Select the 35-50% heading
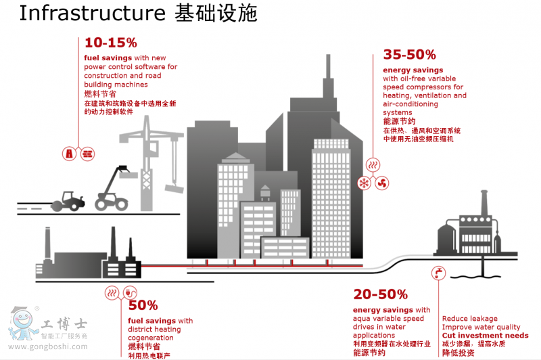[x=409, y=54]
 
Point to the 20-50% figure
[x=380, y=294]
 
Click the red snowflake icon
[x=364, y=183]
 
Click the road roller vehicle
[x=68, y=200]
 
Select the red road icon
[x=70, y=154]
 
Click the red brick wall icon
[x=86, y=154]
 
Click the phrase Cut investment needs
[x=485, y=336]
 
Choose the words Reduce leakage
[x=469, y=319]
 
